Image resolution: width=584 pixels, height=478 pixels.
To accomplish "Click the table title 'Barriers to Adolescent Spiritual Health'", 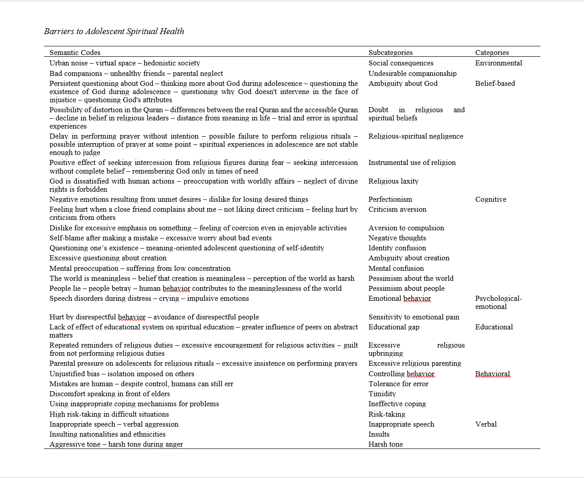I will (x=114, y=31).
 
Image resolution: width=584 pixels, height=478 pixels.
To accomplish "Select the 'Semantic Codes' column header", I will (x=75, y=53).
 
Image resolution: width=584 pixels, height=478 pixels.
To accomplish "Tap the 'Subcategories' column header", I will (x=390, y=53).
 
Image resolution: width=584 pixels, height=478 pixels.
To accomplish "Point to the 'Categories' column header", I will (x=492, y=53).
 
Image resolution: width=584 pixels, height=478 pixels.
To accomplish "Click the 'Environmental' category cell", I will (x=499, y=63).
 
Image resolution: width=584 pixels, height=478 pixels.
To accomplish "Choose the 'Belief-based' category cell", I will (x=495, y=84).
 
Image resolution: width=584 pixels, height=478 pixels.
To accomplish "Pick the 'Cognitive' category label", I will (x=490, y=199).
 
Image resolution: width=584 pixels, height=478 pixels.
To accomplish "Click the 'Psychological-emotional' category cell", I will (x=498, y=303).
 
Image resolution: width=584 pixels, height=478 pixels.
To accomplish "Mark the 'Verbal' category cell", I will (x=486, y=424).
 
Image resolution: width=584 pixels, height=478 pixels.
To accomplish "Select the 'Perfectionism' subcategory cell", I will (x=390, y=199).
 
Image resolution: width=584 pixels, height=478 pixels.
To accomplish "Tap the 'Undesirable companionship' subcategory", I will (x=412, y=74).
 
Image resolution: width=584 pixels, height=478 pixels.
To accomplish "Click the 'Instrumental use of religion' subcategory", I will (x=412, y=163).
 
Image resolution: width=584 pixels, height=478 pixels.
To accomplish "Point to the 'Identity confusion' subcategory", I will (x=397, y=248).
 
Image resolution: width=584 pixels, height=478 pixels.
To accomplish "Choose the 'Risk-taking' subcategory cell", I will (x=386, y=414).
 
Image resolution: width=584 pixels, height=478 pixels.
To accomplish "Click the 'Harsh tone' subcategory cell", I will (x=385, y=444).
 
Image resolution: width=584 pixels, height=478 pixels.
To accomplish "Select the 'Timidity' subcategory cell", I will (x=382, y=394).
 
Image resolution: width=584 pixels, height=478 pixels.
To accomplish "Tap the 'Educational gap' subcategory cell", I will (x=394, y=327).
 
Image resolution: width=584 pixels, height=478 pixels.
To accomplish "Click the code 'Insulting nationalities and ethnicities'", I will (x=107, y=434).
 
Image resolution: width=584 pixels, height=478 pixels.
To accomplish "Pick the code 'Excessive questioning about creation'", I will (x=108, y=258).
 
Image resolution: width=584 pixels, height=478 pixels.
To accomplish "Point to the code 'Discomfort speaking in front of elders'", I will (x=110, y=394).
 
